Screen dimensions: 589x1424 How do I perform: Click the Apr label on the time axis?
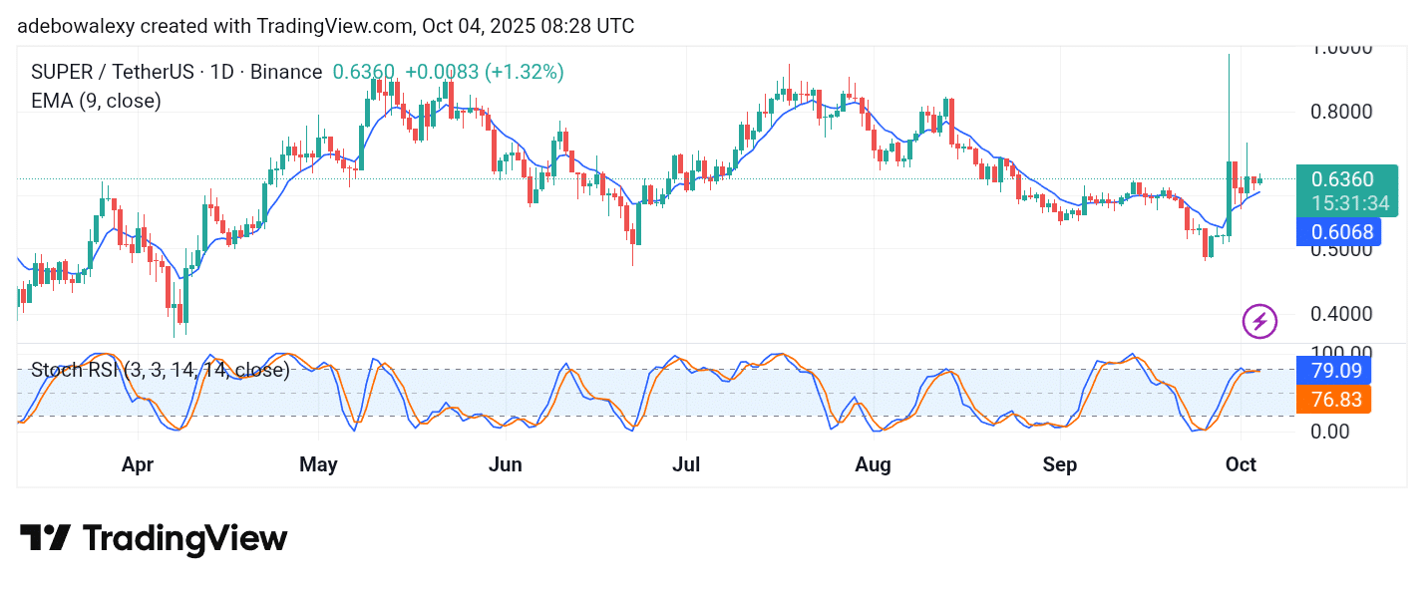point(138,465)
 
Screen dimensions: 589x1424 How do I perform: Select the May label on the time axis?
point(319,465)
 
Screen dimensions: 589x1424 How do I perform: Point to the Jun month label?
point(507,465)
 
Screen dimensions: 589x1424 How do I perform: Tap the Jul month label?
point(685,465)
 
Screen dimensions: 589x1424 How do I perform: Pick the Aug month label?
point(874,465)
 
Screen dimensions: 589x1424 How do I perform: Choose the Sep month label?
point(1059,465)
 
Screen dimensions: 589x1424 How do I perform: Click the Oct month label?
point(1241,465)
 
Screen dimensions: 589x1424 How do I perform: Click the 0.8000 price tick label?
point(1341,112)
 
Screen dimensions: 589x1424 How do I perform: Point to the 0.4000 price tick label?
point(1341,314)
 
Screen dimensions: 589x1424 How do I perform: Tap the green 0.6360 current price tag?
point(1342,180)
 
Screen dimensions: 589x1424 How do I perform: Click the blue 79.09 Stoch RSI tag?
point(1334,371)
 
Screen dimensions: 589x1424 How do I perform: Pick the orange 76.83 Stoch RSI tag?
point(1334,400)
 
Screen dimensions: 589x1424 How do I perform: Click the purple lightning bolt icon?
point(1259,321)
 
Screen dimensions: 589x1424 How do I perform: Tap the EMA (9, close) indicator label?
point(97,101)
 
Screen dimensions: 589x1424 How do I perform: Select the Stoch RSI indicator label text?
point(161,371)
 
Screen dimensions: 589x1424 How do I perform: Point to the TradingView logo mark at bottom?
point(46,538)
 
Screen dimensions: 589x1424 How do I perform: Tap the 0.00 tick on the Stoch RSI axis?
point(1331,432)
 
